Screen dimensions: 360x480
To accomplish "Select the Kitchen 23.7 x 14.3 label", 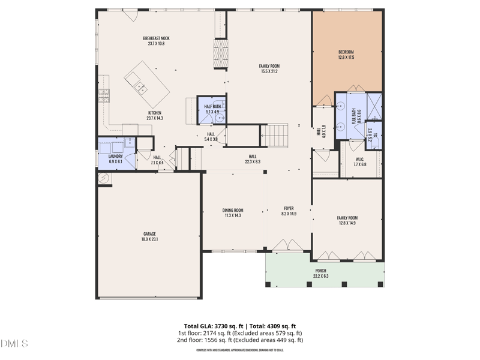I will click(155, 116).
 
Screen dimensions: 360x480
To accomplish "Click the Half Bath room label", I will click(212, 109).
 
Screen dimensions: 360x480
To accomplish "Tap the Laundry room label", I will click(115, 159).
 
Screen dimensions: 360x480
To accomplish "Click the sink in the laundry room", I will click(129, 143).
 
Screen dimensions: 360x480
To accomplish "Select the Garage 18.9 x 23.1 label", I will click(150, 236).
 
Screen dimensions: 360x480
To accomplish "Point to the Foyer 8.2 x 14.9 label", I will click(289, 211).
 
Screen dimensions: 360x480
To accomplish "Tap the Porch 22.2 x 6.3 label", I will click(321, 273).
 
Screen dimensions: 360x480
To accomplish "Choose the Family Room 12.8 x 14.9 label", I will click(347, 220).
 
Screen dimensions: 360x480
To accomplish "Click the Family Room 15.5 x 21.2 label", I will click(269, 68).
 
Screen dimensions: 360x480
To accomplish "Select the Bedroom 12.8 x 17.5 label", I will click(347, 55).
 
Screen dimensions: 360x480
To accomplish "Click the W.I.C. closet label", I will click(360, 162).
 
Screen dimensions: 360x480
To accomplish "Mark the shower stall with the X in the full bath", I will click(374, 106).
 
